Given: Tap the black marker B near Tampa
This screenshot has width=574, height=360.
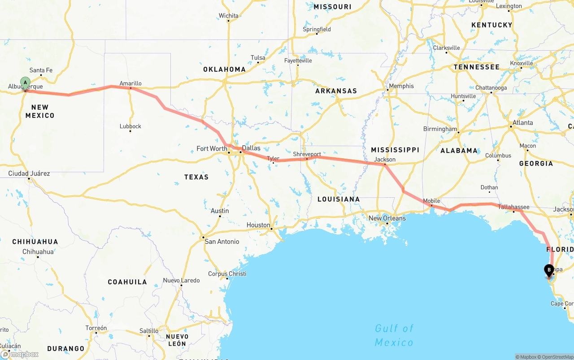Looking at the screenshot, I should tap(548, 270).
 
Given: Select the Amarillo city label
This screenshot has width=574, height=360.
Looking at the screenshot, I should tap(130, 83).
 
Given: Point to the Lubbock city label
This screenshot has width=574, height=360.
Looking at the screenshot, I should tap(130, 126).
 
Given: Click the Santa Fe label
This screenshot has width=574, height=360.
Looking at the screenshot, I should tap(41, 70).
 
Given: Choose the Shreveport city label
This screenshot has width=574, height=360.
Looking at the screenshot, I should tap(307, 154).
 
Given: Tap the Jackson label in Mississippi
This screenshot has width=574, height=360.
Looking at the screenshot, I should tap(385, 160).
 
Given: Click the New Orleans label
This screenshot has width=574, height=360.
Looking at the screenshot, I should tap(387, 218).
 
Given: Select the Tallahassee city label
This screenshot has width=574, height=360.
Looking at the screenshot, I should tap(513, 207).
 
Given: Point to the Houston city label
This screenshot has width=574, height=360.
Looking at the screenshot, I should tap(258, 225).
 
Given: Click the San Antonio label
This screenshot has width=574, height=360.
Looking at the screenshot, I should tap(222, 242).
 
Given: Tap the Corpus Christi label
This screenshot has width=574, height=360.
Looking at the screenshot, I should tap(227, 274).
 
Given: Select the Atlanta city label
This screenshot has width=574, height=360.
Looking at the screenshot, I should tap(523, 123).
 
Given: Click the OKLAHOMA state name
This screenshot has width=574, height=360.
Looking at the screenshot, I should tap(224, 69).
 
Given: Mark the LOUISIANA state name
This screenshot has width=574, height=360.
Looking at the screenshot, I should tap(338, 199).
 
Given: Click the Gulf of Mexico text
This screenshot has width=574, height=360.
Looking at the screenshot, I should tap(394, 335).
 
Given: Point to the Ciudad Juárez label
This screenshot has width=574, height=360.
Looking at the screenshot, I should tap(29, 173).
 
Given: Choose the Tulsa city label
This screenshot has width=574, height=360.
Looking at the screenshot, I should tap(258, 58).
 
